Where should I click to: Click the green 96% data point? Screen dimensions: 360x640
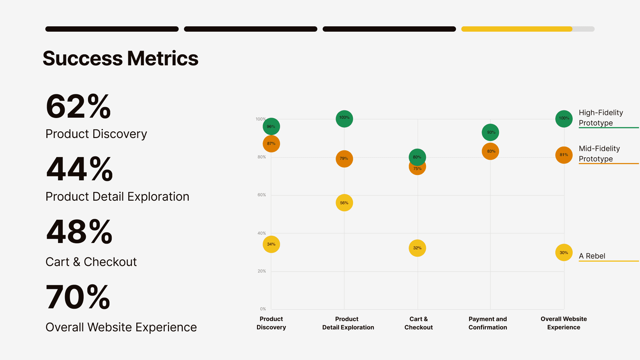coord(271,126)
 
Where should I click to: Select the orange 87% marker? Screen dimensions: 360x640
coord(271,144)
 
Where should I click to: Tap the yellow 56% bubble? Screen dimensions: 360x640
coord(344,203)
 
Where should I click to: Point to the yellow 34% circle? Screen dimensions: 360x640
coord(271,244)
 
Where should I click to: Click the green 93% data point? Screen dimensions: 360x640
coord(490,132)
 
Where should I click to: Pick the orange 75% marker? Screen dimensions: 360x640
coord(417,170)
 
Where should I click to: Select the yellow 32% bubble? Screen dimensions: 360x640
coord(417,248)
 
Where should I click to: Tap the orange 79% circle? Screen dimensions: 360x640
coord(344,159)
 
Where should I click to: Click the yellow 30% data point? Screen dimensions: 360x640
coord(564,253)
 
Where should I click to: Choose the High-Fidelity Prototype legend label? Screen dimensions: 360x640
coord(601,118)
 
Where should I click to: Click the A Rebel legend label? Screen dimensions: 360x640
coord(592,256)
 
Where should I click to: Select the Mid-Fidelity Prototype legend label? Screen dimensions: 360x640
coord(599,154)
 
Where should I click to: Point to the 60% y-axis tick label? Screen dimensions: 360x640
coord(262,195)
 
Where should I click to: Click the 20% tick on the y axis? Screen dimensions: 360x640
coord(262,271)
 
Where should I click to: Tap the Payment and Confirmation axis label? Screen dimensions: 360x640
coord(488,323)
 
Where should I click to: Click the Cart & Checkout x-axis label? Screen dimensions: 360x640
coord(418,323)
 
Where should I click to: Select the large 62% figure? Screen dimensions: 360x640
coord(78,106)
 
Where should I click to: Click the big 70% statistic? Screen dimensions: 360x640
coord(78,297)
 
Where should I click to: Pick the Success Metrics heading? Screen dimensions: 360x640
coord(120,58)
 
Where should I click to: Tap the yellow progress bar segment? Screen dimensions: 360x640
coord(517,29)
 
